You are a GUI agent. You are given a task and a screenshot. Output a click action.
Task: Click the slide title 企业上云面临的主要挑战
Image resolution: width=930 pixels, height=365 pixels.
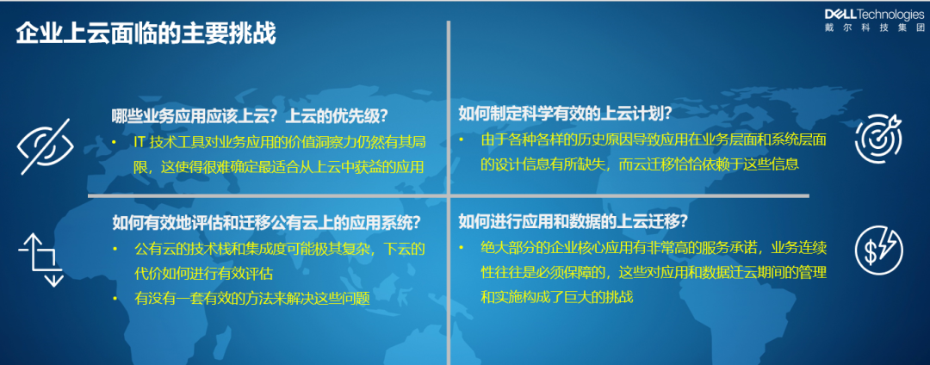coord(146,34)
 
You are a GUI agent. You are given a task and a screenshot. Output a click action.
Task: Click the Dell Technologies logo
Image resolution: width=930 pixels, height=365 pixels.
coord(874,15)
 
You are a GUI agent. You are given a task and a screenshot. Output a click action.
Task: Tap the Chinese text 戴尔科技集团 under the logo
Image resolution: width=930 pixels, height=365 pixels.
coord(874,28)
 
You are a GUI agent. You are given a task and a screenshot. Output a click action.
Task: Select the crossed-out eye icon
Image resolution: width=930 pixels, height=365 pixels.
coord(45,146)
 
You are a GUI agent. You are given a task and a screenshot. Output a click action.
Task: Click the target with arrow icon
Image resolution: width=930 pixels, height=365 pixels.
coord(878,139)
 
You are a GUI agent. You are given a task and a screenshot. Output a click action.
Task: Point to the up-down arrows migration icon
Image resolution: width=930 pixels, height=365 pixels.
coord(40,259)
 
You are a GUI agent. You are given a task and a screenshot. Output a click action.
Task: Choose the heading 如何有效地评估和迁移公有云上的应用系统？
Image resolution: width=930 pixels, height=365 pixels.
coord(267,223)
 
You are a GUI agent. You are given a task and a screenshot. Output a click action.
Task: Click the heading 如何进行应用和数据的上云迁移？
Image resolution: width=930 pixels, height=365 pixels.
coord(573,221)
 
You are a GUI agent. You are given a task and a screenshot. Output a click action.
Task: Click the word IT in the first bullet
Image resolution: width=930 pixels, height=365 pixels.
coord(140,143)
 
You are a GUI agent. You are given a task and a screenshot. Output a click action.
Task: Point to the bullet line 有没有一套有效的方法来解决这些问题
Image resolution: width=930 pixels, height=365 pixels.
coord(252,299)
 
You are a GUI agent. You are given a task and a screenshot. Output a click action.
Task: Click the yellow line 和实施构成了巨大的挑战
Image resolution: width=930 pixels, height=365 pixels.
coord(557,297)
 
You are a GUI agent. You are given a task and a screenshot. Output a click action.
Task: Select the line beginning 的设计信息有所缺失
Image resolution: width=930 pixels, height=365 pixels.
coord(639,164)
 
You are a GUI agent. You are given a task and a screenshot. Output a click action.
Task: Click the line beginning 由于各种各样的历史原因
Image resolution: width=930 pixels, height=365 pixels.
coord(654,139)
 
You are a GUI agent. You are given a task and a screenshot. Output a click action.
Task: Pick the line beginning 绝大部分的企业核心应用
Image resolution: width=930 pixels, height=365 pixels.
coord(654,248)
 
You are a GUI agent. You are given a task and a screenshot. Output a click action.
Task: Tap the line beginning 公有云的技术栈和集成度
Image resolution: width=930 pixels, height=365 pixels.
coord(280,249)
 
